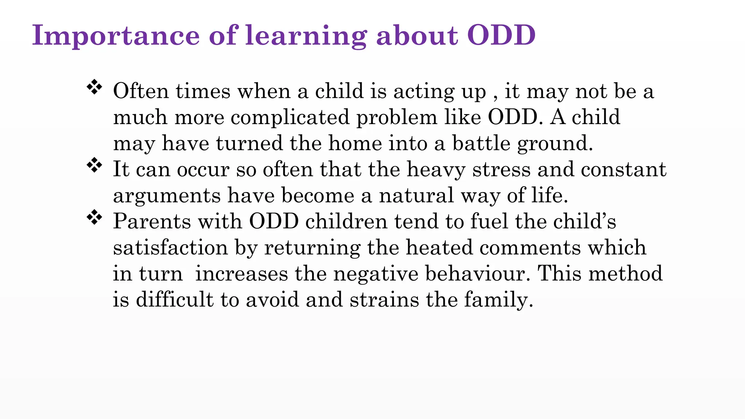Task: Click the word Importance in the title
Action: tap(116, 36)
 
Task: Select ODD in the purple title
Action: tap(501, 36)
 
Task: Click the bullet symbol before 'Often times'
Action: tap(94, 87)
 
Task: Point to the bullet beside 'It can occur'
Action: tap(94, 165)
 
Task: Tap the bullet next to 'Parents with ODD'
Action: tap(94, 218)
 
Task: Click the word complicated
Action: tap(290, 117)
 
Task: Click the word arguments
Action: tap(167, 196)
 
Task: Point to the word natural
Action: tap(417, 196)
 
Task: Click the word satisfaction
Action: tap(170, 248)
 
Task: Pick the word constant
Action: tap(624, 169)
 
